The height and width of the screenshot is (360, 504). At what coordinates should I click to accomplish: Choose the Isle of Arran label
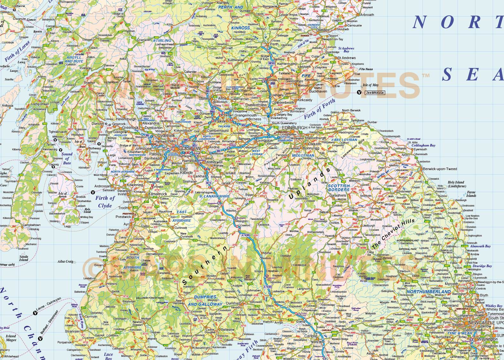click(x=62, y=195)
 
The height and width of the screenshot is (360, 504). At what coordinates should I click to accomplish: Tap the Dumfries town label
click(x=233, y=303)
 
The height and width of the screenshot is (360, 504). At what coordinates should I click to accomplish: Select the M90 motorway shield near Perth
click(x=271, y=64)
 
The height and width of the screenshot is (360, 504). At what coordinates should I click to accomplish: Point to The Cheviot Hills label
click(x=393, y=234)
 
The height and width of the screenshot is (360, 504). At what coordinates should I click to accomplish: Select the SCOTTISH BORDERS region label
click(x=339, y=188)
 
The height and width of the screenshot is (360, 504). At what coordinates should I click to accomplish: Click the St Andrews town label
click(x=347, y=58)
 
